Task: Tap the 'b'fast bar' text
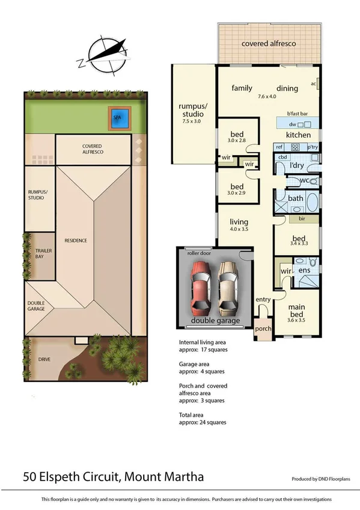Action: tap(297, 114)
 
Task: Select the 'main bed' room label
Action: tap(297, 311)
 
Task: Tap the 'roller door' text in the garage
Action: tap(199, 254)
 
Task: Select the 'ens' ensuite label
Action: tap(304, 271)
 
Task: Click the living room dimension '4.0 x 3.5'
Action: tap(239, 229)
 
